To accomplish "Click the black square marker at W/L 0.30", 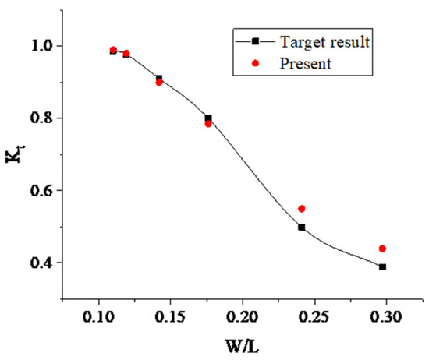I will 382,266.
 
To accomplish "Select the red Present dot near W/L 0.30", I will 382,249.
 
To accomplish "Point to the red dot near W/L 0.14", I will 159,82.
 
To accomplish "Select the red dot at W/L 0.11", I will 113,50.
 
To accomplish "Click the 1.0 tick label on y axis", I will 42,46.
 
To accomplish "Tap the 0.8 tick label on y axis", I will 42,118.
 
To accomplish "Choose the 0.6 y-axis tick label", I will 42,191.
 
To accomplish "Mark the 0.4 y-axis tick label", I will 42,263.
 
